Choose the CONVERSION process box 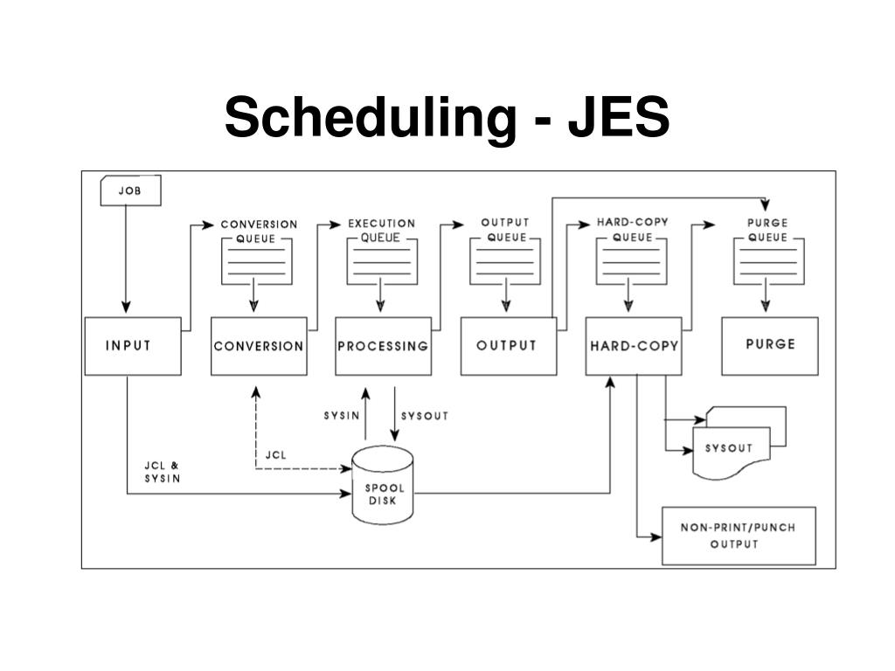tap(259, 346)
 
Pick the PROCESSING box tap(383, 346)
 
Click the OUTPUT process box tap(508, 346)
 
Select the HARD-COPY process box tap(634, 346)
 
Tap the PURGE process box tap(770, 345)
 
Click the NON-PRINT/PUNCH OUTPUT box tap(739, 536)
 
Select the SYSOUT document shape tap(731, 448)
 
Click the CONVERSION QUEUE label tap(259, 231)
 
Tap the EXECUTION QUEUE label tap(382, 230)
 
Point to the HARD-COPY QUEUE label tap(632, 229)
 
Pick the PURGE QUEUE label tap(767, 230)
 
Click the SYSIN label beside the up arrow tap(341, 416)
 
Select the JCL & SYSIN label tap(163, 472)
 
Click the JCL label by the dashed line tap(276, 454)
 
